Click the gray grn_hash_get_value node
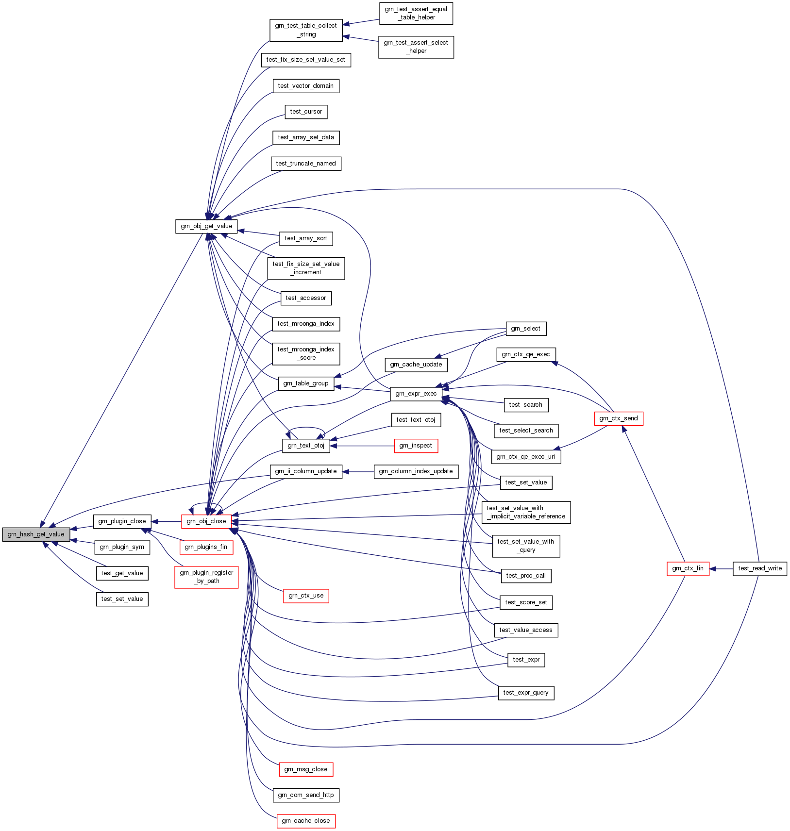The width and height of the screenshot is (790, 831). click(x=36, y=534)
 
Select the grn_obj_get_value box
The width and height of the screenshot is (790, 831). click(x=206, y=226)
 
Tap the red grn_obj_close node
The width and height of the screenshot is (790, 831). click(x=206, y=521)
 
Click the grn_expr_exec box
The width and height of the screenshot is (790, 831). click(x=416, y=394)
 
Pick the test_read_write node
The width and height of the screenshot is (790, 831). click(x=759, y=568)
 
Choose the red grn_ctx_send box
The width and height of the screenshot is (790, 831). click(x=619, y=418)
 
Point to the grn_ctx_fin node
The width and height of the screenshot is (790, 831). click(x=688, y=568)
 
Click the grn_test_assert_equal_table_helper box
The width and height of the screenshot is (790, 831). click(x=416, y=14)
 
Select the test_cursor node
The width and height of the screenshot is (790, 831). click(x=306, y=112)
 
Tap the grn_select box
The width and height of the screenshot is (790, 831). click(x=526, y=329)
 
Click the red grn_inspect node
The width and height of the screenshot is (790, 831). click(x=416, y=446)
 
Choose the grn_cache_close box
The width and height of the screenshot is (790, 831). click(x=306, y=821)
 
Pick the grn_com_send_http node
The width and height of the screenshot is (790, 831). click(x=306, y=795)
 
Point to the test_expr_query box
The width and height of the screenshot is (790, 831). click(x=526, y=693)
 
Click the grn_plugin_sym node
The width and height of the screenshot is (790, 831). click(x=122, y=547)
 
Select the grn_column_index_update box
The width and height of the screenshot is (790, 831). click(x=416, y=471)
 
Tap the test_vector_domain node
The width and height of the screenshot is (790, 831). click(x=306, y=86)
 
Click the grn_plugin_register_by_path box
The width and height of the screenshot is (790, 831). click(x=206, y=577)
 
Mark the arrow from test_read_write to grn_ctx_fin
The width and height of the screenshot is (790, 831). click(x=721, y=568)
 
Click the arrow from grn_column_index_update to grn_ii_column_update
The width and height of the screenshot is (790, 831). click(x=358, y=471)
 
